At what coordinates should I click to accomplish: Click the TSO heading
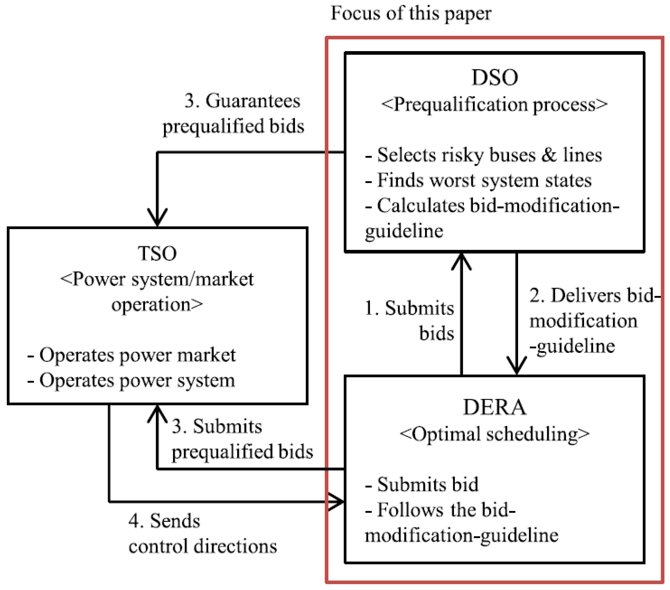(157, 253)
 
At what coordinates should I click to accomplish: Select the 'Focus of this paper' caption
(411, 14)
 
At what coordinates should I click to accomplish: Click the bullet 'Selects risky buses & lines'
(483, 155)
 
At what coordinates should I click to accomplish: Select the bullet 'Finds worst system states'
(479, 180)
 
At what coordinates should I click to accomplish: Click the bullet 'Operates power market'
(132, 355)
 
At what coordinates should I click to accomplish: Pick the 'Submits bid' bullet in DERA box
(422, 484)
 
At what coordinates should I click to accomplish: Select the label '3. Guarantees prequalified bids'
(234, 113)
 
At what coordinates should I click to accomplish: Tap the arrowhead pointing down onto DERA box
(517, 366)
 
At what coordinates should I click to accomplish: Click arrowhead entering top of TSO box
(157, 218)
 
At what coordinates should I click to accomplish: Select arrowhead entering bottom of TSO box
(157, 414)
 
